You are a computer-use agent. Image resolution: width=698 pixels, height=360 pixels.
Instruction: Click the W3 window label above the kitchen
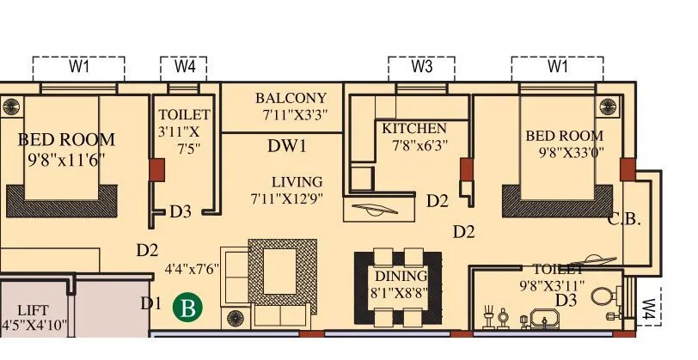(421, 67)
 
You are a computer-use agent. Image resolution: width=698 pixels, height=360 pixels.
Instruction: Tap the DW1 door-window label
(287, 146)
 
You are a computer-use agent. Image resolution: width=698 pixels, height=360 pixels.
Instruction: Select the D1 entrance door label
(151, 303)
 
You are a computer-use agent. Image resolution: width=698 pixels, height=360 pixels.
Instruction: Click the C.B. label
(624, 219)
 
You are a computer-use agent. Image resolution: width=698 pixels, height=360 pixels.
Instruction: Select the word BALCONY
(291, 98)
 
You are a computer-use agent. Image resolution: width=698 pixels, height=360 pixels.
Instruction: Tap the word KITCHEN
(414, 129)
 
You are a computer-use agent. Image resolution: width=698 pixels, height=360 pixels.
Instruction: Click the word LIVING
(297, 182)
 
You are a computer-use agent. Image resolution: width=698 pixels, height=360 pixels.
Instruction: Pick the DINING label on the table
(401, 276)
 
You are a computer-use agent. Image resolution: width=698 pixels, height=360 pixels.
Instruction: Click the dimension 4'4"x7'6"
(193, 268)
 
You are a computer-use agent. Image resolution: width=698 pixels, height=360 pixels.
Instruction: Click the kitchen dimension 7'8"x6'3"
(421, 146)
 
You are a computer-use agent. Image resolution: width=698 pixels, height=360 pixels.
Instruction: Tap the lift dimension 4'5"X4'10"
(34, 326)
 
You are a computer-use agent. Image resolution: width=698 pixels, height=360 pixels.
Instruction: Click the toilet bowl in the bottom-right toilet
(605, 297)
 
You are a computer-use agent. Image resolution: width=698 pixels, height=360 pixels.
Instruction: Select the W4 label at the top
(184, 67)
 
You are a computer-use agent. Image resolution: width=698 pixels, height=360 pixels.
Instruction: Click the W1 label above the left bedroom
(79, 67)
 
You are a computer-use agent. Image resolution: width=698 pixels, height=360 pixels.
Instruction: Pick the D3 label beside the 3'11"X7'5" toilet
(180, 211)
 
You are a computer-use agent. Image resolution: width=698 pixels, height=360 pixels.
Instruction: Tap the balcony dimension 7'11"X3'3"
(295, 114)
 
